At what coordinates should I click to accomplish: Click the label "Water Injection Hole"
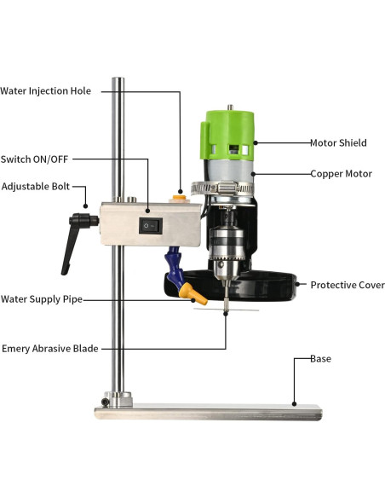pyautogui.click(x=46, y=90)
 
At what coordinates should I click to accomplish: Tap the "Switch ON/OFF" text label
pyautogui.click(x=36, y=158)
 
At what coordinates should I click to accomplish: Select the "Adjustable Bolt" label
pyautogui.click(x=36, y=186)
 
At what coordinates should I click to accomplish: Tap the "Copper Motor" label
pyautogui.click(x=341, y=174)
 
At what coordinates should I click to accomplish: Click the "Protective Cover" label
pyautogui.click(x=347, y=285)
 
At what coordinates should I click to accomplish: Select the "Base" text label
pyautogui.click(x=320, y=359)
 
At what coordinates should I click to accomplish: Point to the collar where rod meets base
pyautogui.click(x=119, y=397)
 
